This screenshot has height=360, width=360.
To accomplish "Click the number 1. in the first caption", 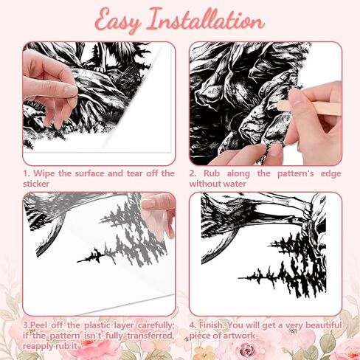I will tap(27, 174).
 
